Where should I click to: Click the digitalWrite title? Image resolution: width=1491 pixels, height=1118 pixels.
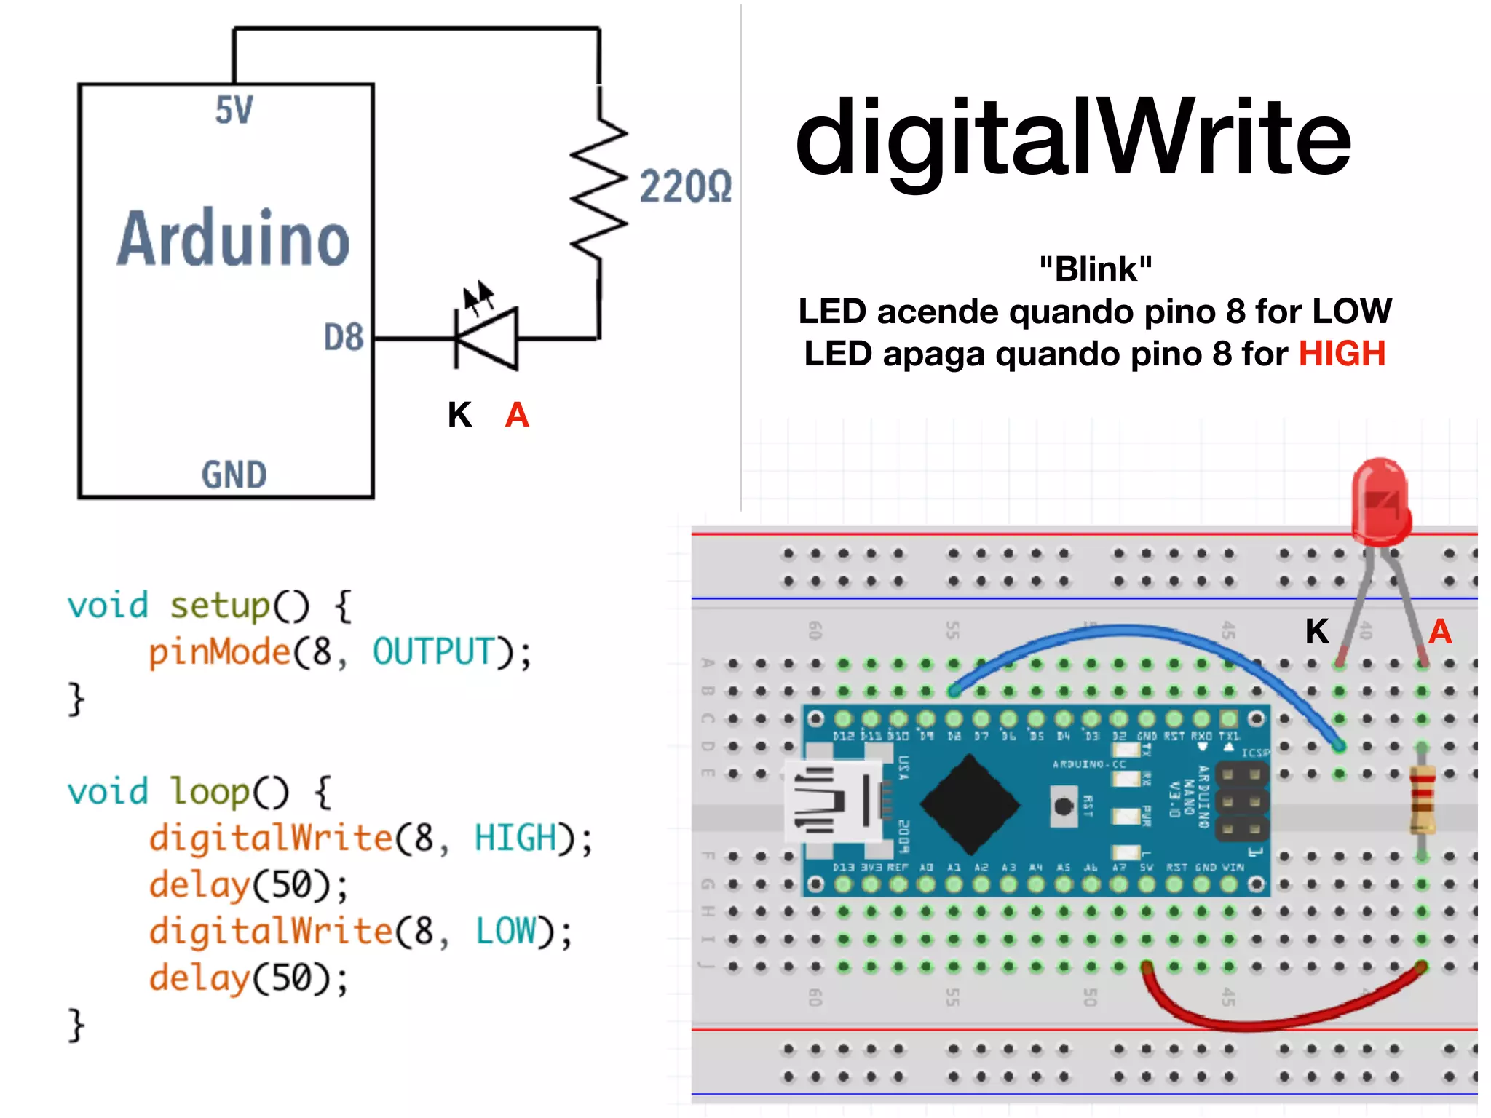(x=1073, y=138)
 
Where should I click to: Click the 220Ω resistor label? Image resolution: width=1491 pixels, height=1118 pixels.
(x=685, y=187)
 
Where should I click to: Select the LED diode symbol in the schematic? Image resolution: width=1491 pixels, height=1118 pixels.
(x=486, y=338)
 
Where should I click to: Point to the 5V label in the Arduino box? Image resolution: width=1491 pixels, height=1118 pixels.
(x=234, y=111)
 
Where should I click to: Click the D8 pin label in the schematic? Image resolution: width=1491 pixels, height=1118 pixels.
(x=343, y=338)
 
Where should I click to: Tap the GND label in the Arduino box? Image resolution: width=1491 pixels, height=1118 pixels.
(x=234, y=475)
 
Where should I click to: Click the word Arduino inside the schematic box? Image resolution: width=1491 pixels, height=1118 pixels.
(x=234, y=239)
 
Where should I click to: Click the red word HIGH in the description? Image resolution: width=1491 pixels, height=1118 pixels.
(x=1342, y=354)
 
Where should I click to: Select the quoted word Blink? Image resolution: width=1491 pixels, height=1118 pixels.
(x=1096, y=269)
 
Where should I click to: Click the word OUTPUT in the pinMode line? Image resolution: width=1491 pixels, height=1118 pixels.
(x=434, y=651)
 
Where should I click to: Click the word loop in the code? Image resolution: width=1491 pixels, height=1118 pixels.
(x=210, y=792)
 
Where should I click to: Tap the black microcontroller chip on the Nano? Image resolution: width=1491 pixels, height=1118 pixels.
(x=970, y=804)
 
